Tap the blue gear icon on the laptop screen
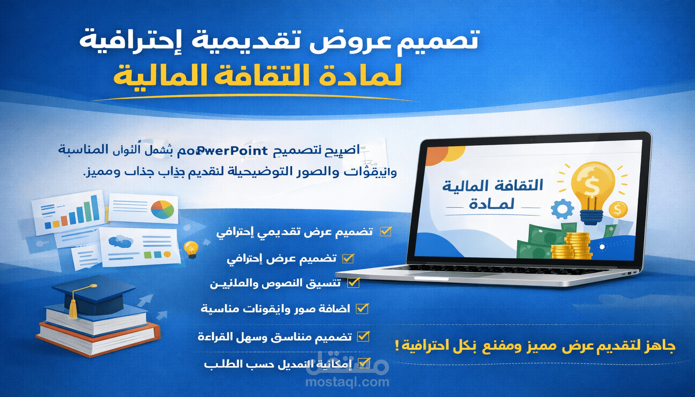(562, 209)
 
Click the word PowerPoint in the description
(232, 151)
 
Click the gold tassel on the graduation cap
(73, 309)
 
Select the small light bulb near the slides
(191, 248)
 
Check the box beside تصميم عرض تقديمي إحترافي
(386, 232)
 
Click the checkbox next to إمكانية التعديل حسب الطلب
(363, 363)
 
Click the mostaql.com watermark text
(347, 382)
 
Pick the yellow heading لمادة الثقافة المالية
(258, 76)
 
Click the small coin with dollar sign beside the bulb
(618, 210)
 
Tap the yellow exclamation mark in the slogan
(397, 346)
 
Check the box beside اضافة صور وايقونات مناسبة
(362, 309)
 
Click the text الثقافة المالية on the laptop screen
(493, 186)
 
